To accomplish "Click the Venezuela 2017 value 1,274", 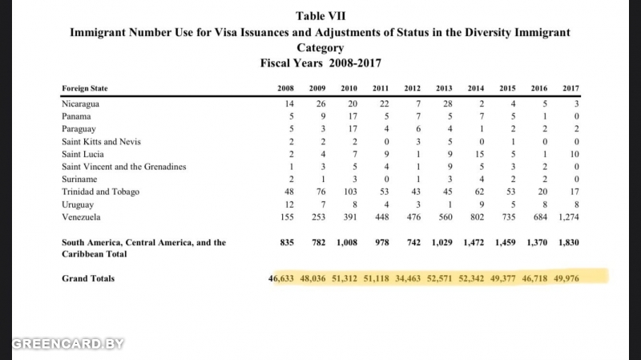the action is pos(569,216).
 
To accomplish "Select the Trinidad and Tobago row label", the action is pos(101,192).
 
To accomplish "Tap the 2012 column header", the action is pos(412,88).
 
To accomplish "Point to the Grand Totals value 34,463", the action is pos(408,278).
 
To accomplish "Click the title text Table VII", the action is pos(320,16).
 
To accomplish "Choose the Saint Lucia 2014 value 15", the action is pos(479,154).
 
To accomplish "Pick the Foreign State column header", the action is pos(85,88).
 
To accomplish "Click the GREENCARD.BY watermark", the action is pos(68,344).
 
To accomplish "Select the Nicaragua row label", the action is pos(80,104).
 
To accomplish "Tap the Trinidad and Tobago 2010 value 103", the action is pos(350,192).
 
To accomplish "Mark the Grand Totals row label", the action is pos(88,278).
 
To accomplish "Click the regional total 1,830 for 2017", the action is pos(569,242).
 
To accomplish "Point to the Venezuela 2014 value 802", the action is pos(477,216).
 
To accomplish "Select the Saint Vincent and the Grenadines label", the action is pos(124,167).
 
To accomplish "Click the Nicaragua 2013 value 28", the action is pos(448,104).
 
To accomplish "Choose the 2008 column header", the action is pos(285,88).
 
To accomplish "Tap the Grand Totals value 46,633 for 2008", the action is pos(281,278).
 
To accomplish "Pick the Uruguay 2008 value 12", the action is pos(289,204).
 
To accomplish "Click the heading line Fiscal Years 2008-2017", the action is pos(320,63).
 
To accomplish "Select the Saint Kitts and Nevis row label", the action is pos(101,142).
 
